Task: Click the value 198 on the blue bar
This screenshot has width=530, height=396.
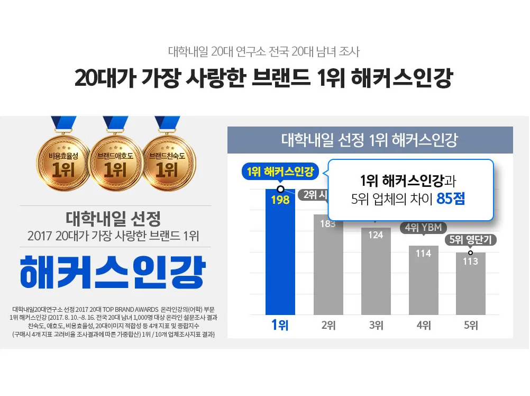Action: (280, 200)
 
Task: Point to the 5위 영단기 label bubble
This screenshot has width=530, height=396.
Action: (470, 240)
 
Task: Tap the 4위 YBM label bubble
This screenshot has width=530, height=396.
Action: (423, 228)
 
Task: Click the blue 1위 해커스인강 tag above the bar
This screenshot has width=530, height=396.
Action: (280, 172)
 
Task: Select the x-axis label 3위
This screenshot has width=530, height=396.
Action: (376, 326)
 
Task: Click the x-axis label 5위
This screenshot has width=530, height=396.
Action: (471, 326)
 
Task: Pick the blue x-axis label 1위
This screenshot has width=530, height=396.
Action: (280, 326)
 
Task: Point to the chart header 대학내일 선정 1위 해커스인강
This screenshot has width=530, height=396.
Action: (369, 141)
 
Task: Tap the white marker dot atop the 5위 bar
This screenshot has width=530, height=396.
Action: (470, 253)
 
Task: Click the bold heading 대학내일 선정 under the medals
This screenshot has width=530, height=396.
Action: (113, 218)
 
